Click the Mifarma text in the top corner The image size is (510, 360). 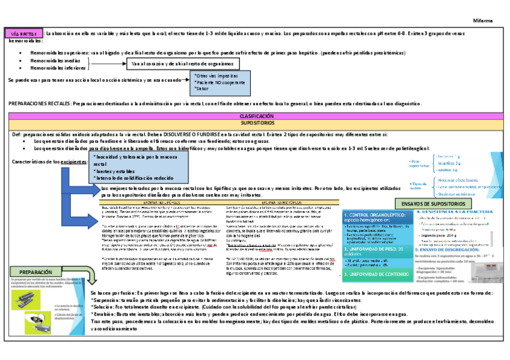(483, 20)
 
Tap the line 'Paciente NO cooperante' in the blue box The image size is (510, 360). (220, 82)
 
